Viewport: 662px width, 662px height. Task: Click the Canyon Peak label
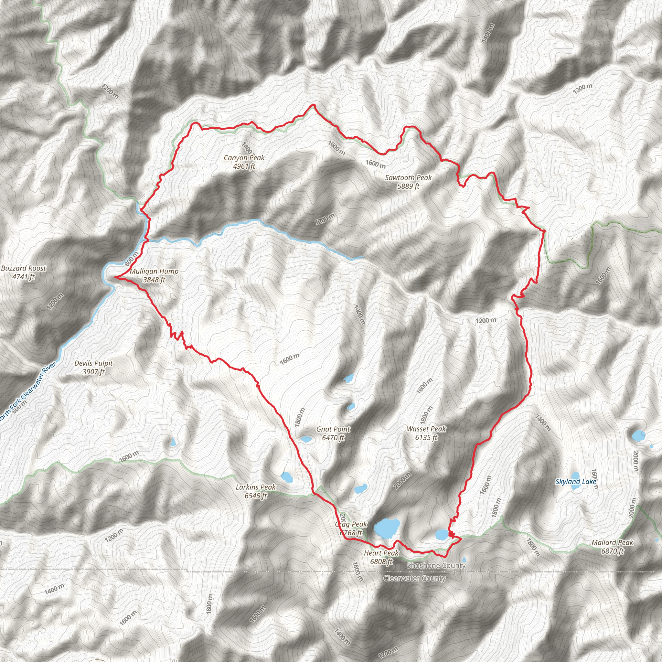244,158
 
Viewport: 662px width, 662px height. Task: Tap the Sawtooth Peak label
408,178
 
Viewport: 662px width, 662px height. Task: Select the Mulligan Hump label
154,272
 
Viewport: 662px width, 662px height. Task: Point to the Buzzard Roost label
24,268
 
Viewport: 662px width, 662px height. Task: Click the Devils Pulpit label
93,363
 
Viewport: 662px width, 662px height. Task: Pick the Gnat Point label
333,429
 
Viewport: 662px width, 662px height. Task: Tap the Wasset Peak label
426,429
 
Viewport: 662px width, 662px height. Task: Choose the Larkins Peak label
256,487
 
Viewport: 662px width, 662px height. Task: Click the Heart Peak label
381,553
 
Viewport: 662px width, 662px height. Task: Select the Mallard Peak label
612,543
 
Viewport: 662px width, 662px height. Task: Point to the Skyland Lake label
576,482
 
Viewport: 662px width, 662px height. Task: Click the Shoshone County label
436,566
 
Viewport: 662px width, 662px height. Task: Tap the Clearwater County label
414,579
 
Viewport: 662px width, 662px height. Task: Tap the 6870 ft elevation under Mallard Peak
612,551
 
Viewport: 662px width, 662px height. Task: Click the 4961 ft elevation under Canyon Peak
244,166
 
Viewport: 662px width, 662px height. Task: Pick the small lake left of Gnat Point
305,439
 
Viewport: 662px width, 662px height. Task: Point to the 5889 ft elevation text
408,187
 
